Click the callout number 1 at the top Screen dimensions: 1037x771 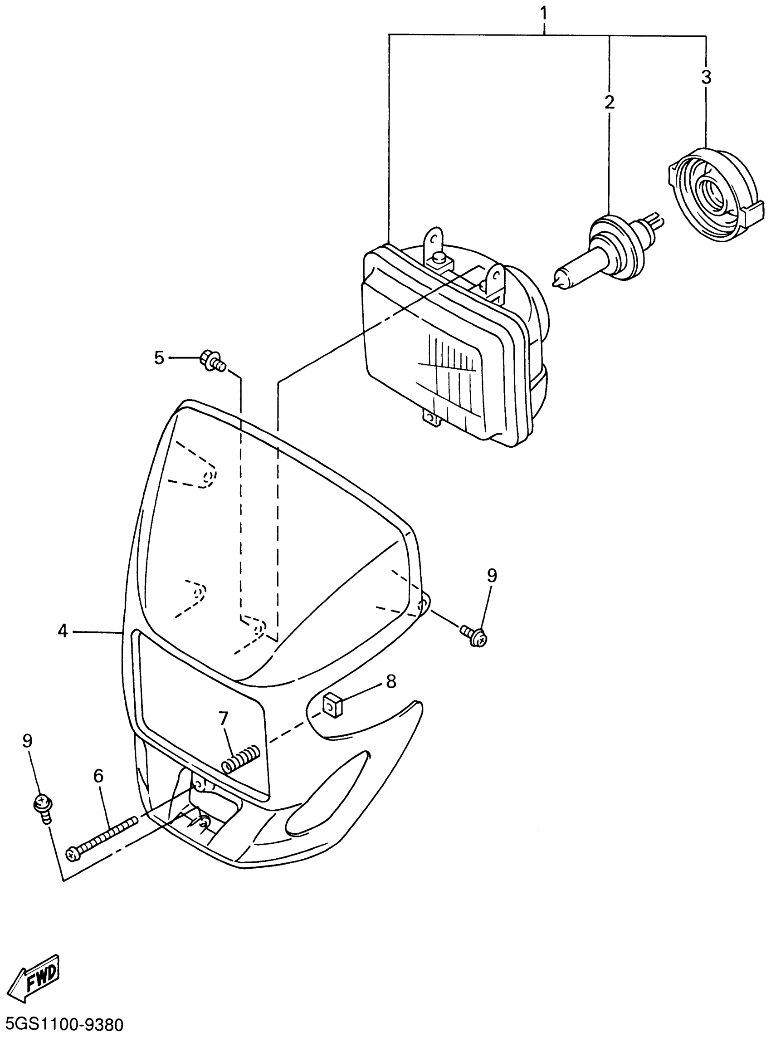tap(543, 13)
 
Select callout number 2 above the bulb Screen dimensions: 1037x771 tap(610, 102)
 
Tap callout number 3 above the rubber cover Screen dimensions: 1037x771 tap(706, 78)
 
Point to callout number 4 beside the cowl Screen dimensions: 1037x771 tap(63, 632)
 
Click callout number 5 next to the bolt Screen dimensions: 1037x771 tap(159, 358)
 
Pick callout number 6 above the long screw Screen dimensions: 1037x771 tap(98, 776)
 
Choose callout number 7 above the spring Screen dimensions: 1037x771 tap(224, 719)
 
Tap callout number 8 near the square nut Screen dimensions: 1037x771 tap(391, 682)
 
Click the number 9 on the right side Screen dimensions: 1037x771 tap(492, 576)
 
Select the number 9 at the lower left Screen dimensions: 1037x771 tap(28, 741)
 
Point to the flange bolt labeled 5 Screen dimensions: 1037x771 tap(213, 361)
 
